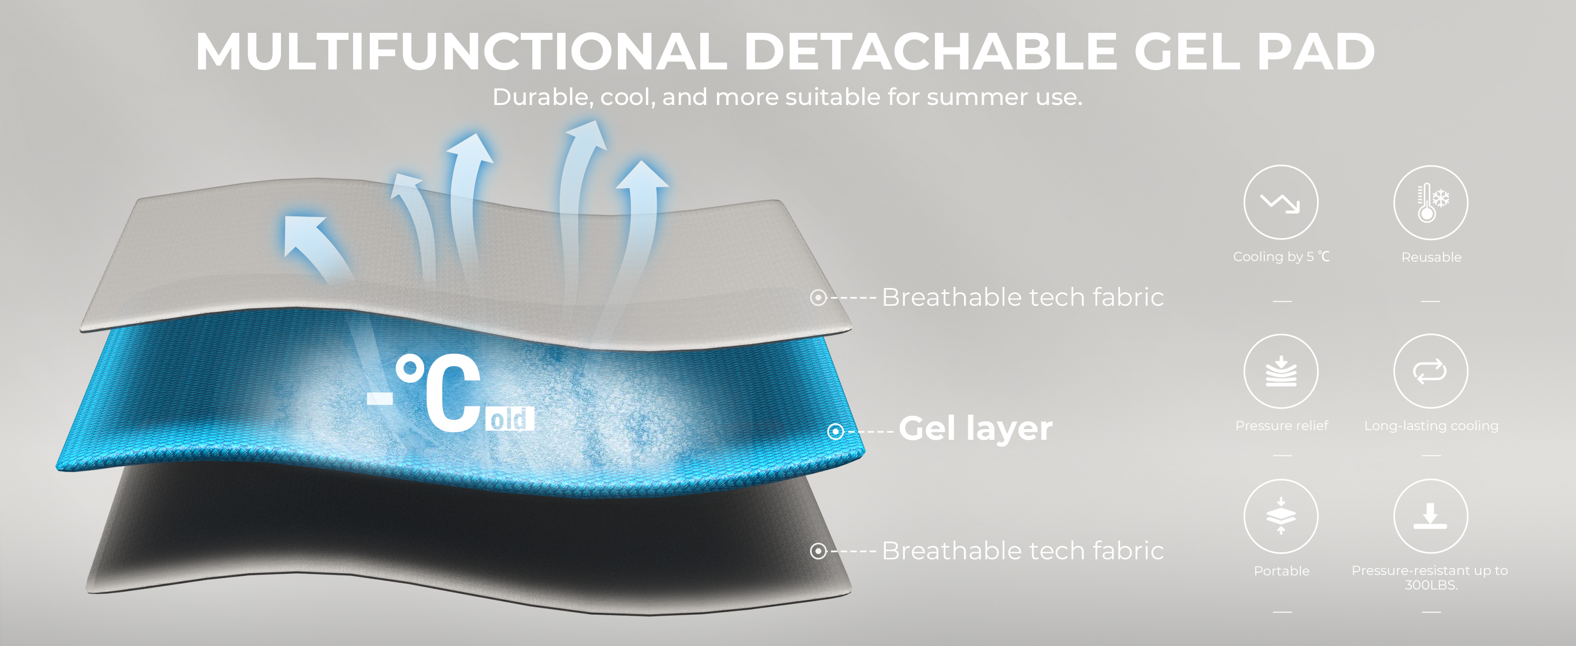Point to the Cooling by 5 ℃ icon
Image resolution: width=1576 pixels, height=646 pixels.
point(1280,202)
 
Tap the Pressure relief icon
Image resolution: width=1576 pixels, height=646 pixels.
point(1280,371)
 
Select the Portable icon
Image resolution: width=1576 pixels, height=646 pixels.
point(1280,516)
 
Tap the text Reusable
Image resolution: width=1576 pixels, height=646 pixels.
point(1431,257)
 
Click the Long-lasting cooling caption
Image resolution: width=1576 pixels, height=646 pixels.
point(1431,426)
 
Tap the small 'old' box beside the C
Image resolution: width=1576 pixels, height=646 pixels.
point(510,419)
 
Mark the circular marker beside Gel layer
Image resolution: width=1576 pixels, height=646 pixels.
point(835,432)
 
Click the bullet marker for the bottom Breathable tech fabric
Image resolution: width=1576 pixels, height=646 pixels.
point(818,551)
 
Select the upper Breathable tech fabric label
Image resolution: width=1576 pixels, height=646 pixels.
point(1022,297)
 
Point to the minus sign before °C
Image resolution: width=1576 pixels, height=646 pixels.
point(380,398)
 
